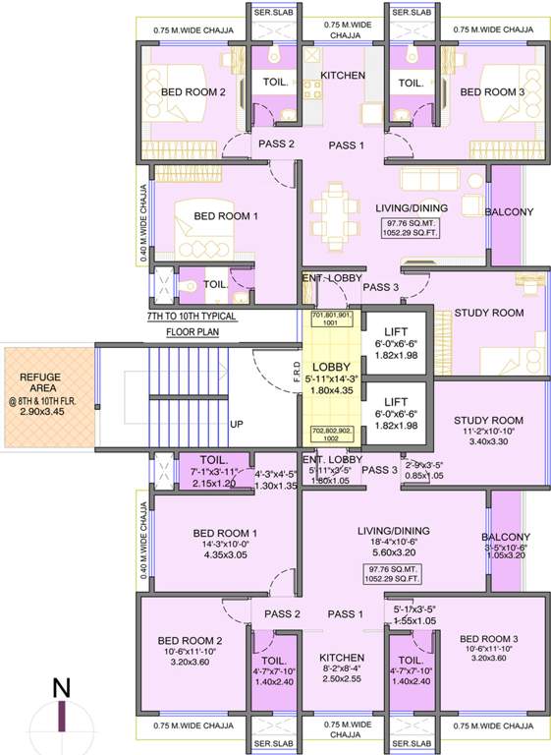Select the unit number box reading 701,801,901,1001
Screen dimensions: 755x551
(x=331, y=319)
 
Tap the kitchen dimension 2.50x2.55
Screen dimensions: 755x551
(x=342, y=678)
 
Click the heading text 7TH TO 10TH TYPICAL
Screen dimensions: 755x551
(x=192, y=319)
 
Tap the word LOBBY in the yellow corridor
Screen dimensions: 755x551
(x=331, y=366)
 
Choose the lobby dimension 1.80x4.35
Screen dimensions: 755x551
(x=331, y=389)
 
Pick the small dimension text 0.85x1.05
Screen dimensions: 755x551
(x=424, y=475)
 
